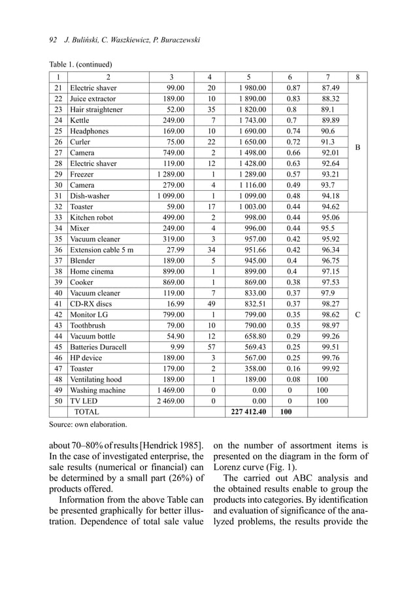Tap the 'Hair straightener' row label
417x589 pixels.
96,110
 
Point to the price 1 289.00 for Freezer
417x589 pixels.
171,175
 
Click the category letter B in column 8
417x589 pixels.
358,148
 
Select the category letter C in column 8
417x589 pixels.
358,314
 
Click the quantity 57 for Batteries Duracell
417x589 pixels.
210,346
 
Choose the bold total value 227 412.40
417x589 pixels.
248,412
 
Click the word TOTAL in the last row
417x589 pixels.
87,412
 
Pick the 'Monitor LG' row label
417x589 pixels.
88,314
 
